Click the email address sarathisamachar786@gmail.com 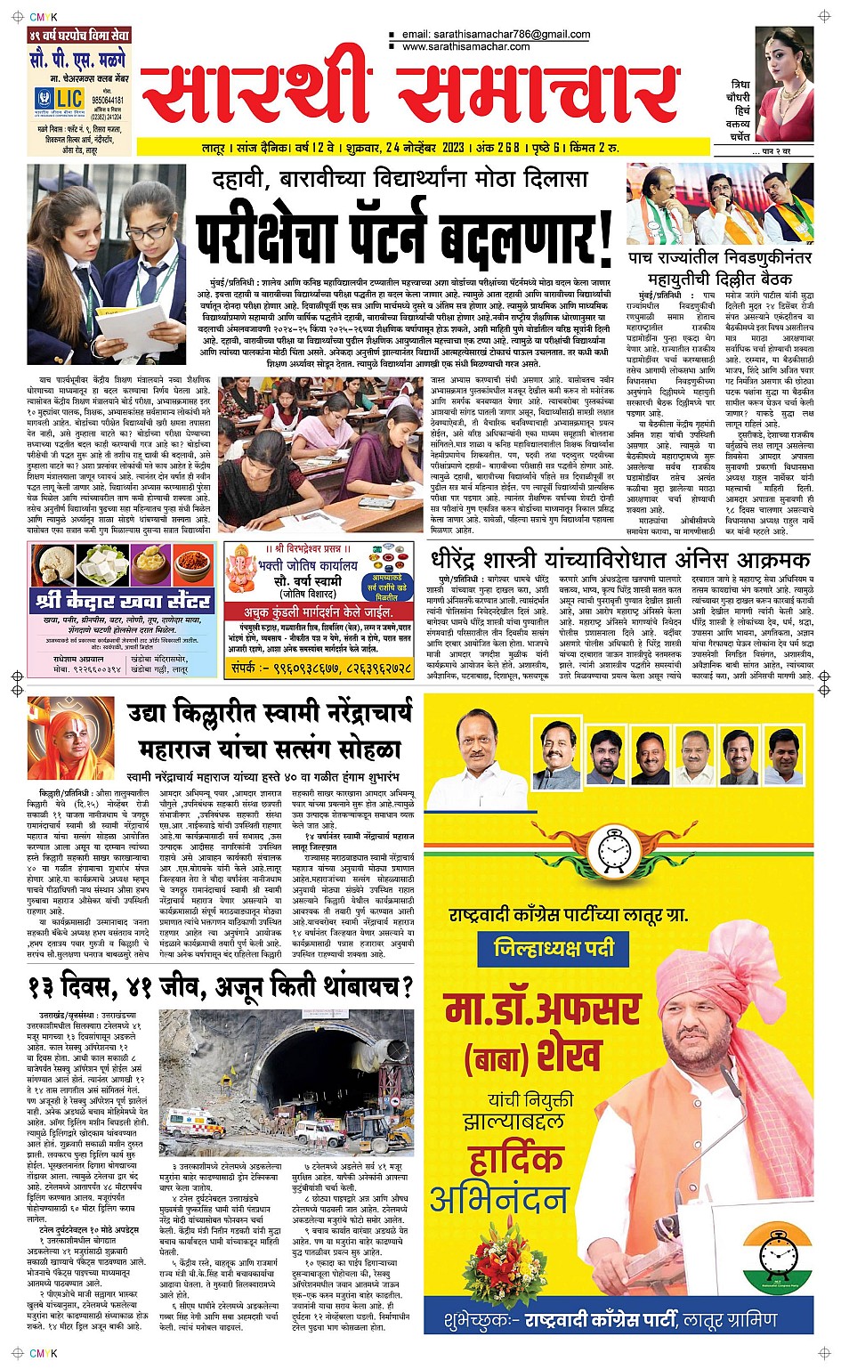click(496, 35)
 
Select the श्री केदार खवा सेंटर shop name click(123, 600)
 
